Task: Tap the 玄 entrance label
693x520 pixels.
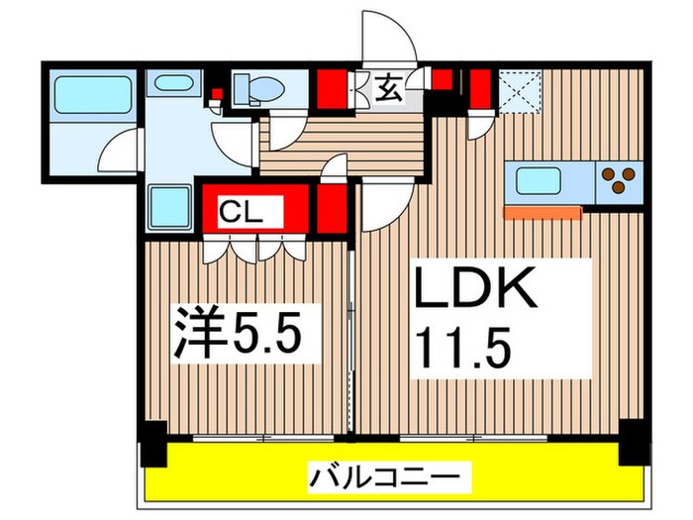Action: [x=388, y=90]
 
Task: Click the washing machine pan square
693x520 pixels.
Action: [x=169, y=206]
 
